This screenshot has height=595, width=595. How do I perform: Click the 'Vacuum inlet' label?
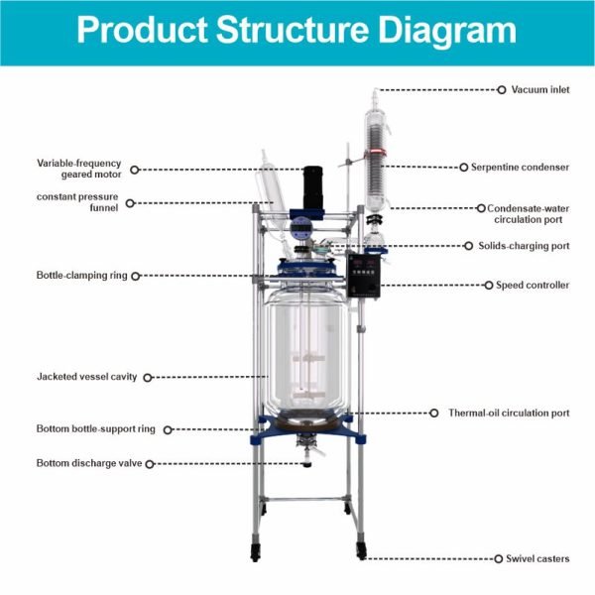point(540,89)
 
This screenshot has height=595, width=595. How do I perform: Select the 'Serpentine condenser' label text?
point(527,168)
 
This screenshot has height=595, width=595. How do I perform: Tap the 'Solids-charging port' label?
point(526,246)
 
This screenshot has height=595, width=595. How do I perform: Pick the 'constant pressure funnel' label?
point(77,202)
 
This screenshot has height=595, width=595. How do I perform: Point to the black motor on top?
point(314,188)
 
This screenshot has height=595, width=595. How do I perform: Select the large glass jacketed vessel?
point(307,347)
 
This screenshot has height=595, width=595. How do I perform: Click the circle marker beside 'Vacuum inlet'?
point(502,89)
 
